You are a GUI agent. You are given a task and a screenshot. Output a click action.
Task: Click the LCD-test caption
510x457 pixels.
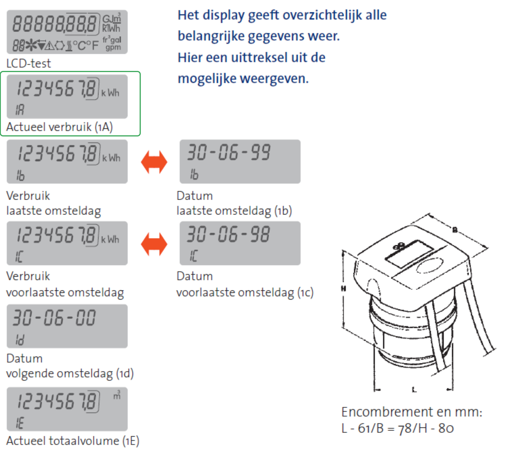click(29, 63)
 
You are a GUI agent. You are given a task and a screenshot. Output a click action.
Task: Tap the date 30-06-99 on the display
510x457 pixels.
click(229, 152)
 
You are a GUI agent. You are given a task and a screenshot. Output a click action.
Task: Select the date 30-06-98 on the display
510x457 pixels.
click(228, 234)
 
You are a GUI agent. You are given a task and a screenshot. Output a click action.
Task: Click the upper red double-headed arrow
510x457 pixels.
click(154, 162)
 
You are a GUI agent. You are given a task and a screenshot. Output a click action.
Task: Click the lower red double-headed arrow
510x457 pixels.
click(154, 244)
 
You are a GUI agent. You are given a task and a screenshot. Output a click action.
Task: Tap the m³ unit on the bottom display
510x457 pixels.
click(117, 395)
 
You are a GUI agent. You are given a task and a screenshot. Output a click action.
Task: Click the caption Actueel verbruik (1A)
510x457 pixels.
click(60, 127)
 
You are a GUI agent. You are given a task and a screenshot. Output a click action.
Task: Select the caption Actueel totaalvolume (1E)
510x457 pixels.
click(73, 441)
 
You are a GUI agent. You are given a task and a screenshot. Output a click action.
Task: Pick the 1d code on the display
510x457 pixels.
click(20, 340)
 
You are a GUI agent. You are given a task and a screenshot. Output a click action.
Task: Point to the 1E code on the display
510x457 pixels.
click(20, 423)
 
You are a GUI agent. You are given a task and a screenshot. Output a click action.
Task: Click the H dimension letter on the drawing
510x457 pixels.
click(344, 289)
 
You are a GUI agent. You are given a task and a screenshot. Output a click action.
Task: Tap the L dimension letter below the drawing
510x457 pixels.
click(414, 390)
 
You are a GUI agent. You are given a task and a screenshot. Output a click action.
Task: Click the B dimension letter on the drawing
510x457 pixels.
click(455, 230)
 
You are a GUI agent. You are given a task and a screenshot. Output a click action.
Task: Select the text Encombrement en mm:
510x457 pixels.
click(412, 412)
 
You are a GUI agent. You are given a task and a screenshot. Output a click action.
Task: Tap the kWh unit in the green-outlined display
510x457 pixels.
click(110, 93)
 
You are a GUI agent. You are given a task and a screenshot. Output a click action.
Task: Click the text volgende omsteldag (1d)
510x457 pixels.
click(70, 374)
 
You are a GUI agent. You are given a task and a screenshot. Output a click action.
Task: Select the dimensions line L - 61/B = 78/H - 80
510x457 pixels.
click(398, 428)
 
